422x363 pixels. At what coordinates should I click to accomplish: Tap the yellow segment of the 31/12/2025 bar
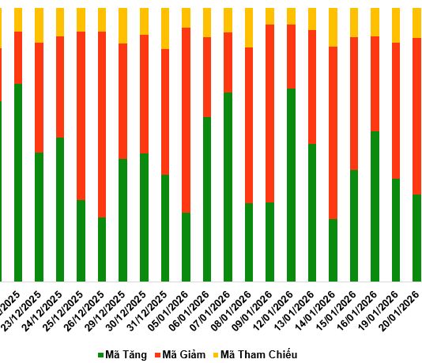pyautogui.click(x=165, y=28)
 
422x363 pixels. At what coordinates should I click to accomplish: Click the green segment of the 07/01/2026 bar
pyautogui.click(x=228, y=187)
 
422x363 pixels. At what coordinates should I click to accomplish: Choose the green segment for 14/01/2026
pyautogui.click(x=333, y=250)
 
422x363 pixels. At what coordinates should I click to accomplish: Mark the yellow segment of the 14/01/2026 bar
pyautogui.click(x=333, y=27)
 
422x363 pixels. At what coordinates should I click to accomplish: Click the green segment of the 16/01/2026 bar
pyautogui.click(x=375, y=206)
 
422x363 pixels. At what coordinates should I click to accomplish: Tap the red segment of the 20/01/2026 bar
pyautogui.click(x=417, y=115)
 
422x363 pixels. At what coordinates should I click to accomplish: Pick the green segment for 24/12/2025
pyautogui.click(x=60, y=209)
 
